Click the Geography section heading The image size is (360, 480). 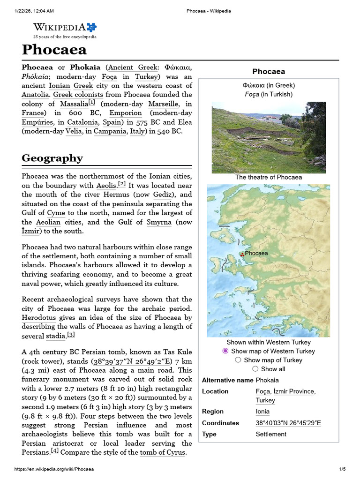coord(52,158)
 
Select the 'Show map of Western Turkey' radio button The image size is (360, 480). coord(225,351)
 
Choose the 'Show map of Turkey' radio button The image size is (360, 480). coord(238,360)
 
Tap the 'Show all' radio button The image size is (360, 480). coord(255,369)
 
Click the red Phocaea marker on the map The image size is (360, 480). coord(242,254)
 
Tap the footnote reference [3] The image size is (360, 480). coord(71,335)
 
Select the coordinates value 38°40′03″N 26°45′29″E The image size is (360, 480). coord(288,423)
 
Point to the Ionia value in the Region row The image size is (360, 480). coord(262,412)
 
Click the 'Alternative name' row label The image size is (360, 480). coord(227,380)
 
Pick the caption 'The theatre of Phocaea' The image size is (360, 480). coord(269,177)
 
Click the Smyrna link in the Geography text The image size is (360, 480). coord(159,222)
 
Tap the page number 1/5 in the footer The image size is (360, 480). coord(342,469)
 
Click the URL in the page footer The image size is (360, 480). coord(53,469)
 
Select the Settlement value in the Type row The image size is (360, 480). coord(271,434)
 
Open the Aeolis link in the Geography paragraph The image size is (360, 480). coord(106,186)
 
